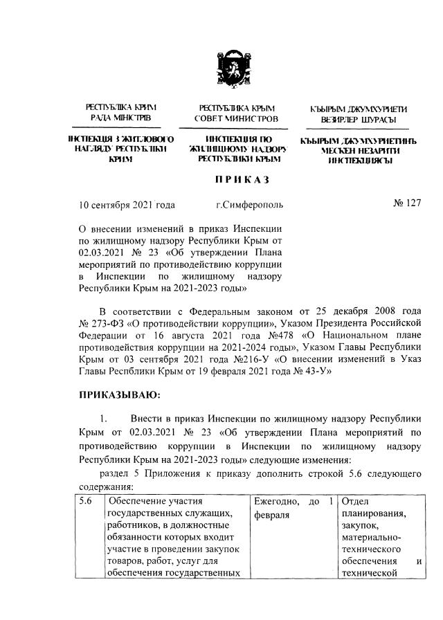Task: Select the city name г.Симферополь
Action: (249, 205)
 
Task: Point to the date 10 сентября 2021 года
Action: (127, 205)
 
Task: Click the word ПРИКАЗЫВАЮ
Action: (120, 395)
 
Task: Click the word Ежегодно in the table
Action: (275, 501)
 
